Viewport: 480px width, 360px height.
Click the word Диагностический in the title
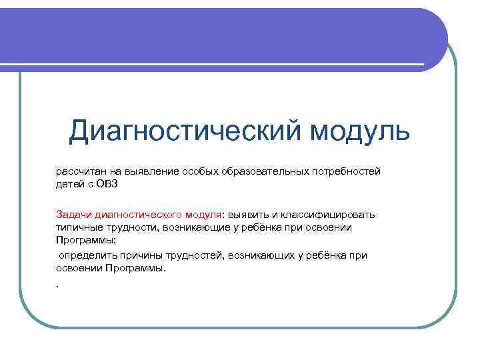(x=183, y=131)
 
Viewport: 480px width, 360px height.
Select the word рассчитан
(x=78, y=172)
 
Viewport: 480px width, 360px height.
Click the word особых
(x=199, y=172)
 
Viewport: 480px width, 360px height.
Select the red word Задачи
(x=73, y=214)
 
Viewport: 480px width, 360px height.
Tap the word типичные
(x=77, y=227)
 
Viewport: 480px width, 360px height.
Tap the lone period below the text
(x=58, y=285)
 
